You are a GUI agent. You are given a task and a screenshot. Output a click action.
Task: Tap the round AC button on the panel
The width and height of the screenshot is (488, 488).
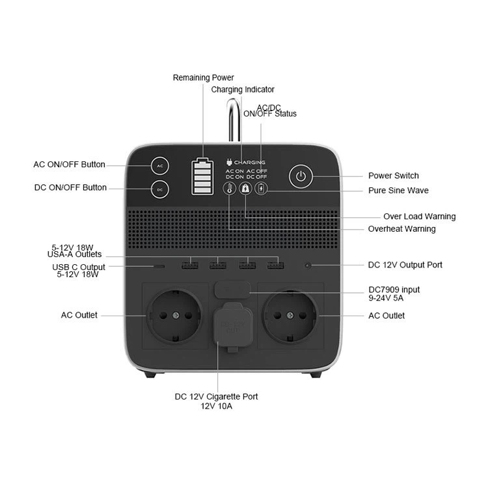(161, 166)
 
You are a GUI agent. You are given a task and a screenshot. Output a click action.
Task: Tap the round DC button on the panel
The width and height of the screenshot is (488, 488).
(161, 189)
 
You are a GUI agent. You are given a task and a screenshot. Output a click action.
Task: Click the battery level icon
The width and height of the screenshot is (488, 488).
(202, 176)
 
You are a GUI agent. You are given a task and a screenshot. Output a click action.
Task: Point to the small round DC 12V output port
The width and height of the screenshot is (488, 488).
(307, 265)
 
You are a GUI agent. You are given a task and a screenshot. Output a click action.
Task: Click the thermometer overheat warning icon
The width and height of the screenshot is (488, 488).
(229, 189)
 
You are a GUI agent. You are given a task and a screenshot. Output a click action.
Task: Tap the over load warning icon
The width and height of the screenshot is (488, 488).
(245, 189)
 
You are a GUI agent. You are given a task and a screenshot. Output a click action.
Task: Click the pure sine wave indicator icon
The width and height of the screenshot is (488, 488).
(261, 189)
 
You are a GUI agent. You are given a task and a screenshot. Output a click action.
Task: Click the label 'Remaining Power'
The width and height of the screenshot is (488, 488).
(203, 77)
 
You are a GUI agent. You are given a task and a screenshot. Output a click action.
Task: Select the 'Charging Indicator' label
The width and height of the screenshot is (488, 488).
(243, 89)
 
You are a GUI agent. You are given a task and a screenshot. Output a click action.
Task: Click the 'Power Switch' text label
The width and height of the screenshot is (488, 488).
(393, 176)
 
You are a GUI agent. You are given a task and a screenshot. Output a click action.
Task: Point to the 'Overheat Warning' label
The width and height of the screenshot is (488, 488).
(401, 229)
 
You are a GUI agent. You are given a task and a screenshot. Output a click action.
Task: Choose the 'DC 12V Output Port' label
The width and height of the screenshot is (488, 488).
(405, 265)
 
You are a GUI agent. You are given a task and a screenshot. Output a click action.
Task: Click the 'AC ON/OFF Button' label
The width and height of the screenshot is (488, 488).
(69, 165)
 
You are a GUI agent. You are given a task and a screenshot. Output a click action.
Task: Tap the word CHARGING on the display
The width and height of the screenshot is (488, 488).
(249, 162)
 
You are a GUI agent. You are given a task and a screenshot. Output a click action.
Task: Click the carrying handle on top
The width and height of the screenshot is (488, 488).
(233, 120)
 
